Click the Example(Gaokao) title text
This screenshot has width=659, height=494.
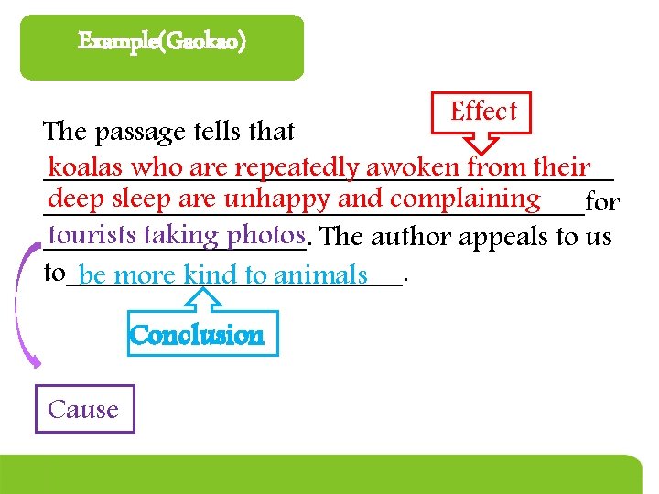(161, 42)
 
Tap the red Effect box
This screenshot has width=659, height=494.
(483, 112)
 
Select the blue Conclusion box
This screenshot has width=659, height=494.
(197, 336)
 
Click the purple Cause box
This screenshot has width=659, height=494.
(83, 409)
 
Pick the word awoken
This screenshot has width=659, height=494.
(413, 167)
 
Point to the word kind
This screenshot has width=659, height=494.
(211, 274)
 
